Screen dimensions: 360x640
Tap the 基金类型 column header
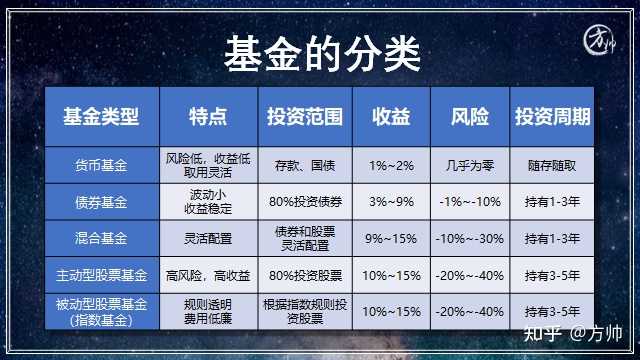pos(101,118)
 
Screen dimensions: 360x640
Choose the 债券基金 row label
pos(101,201)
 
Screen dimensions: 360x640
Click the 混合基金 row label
pos(101,238)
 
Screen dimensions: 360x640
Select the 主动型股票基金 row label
pos(101,274)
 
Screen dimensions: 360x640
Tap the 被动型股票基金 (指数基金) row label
pos(101,311)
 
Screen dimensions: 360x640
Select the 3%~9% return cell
pos(389,201)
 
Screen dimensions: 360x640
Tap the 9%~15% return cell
pos(389,238)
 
